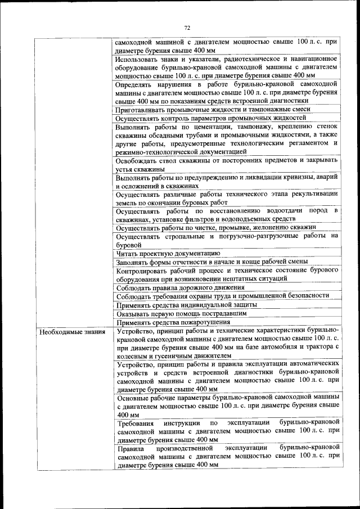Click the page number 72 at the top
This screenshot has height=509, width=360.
coord(187,27)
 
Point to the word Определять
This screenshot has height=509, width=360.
coord(135,84)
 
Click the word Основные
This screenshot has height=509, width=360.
coord(132,397)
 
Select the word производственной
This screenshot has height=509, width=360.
coord(187,448)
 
